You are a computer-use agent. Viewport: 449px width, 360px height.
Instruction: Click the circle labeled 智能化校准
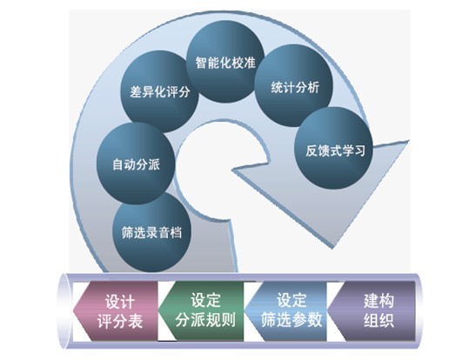coord(225,62)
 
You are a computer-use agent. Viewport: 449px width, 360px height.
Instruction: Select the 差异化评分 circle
coord(159,91)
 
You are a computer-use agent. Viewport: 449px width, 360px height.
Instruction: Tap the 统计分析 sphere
coord(293,86)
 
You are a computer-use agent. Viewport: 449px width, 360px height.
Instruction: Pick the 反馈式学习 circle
coord(333,149)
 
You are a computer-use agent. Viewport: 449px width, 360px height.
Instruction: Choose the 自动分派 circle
coord(136,163)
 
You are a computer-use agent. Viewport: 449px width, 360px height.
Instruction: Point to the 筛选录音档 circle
coord(151,232)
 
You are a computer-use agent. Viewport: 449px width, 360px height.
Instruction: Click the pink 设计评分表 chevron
coord(115,311)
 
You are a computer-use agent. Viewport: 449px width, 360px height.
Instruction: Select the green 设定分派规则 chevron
coord(200,311)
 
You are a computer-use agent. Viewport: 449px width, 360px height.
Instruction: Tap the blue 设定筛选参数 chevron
coord(285,311)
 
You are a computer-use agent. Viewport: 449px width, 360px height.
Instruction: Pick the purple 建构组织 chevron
coord(372,311)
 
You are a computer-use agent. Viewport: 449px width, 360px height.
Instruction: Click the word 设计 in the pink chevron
coord(120,302)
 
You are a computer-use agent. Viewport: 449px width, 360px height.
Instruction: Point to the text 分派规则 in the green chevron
coord(205,320)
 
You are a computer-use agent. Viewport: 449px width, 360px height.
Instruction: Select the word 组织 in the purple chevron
coord(379,320)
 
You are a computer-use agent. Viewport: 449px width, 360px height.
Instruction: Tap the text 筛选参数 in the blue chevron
coord(292,320)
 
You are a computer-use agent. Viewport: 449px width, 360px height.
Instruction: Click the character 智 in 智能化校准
coord(201,63)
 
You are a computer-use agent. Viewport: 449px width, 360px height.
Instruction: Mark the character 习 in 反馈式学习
coord(359,150)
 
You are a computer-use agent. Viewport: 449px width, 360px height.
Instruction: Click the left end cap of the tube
coord(64,311)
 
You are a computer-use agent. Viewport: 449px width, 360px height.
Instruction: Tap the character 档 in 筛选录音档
coord(176,232)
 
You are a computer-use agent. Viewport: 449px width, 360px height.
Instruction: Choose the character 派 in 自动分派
coord(154,164)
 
